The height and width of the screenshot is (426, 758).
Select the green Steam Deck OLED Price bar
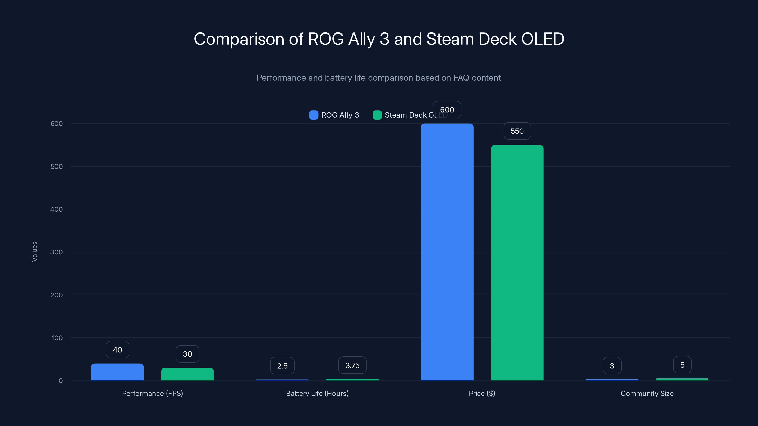517,262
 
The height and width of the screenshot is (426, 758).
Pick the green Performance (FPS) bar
187,374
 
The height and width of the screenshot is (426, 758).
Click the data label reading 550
517,131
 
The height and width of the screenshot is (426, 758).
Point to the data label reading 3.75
352,365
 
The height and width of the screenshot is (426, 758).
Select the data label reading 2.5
282,366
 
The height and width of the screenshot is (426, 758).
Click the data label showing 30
187,354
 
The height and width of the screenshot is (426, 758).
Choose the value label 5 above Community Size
682,365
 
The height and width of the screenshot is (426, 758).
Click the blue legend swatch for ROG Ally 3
314,115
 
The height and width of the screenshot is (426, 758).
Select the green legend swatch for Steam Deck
377,115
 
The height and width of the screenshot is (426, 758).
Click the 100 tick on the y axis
57,338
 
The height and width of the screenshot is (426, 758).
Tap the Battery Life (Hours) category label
317,393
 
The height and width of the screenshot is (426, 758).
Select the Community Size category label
647,393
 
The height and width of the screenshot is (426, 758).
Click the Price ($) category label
482,393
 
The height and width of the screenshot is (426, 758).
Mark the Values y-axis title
34,252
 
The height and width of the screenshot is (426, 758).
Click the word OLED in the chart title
542,39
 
